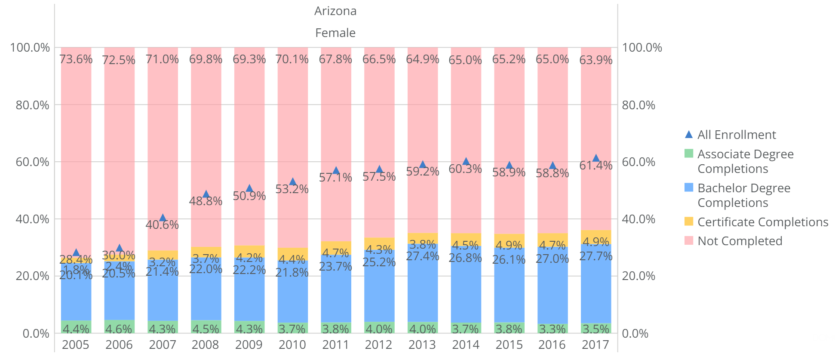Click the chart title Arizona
[x=335, y=11]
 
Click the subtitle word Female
[x=335, y=33]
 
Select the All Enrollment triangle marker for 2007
[x=163, y=218]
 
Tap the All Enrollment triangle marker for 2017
[x=596, y=158]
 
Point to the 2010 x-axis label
[x=292, y=345]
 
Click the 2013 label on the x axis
[x=422, y=345]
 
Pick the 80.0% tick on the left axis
[x=33, y=105]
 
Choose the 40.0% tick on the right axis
[x=639, y=219]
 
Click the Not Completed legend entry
[x=740, y=241]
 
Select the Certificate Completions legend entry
[x=762, y=222]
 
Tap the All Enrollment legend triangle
[x=689, y=135]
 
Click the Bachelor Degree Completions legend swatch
[x=689, y=188]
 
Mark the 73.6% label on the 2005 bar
[x=76, y=59]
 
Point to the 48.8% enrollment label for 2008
[x=206, y=201]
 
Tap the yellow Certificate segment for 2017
[x=596, y=237]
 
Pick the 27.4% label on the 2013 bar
[x=422, y=256]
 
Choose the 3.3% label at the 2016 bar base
[x=553, y=329]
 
